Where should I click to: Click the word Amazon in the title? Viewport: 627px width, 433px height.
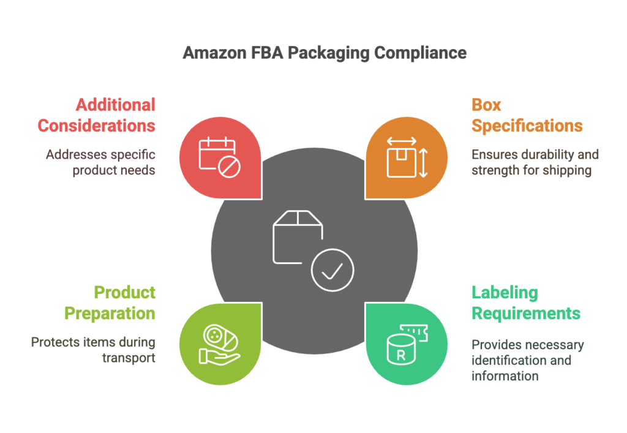pos(214,53)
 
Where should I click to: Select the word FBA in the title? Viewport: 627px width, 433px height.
pos(267,53)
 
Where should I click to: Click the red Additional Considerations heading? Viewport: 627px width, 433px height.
pos(96,115)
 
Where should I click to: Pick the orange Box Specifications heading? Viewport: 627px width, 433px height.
pos(527,115)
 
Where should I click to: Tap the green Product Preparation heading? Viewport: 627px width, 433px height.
pos(110,303)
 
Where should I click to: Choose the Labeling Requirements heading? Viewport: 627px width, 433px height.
pos(526,303)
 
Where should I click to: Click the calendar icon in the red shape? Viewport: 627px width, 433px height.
pos(220,157)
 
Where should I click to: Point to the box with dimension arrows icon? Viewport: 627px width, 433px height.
pos(407,157)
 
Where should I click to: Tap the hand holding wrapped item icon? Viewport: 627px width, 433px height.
pos(220,345)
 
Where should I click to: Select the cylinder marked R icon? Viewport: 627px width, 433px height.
pos(407,345)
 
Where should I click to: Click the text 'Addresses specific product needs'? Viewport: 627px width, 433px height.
pos(101,162)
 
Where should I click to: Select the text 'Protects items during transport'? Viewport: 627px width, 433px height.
pos(93,350)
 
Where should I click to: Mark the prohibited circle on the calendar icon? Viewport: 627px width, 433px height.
pos(230,167)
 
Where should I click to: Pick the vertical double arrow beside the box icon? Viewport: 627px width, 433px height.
pos(424,163)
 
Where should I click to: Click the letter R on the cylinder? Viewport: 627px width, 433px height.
pos(400,355)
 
